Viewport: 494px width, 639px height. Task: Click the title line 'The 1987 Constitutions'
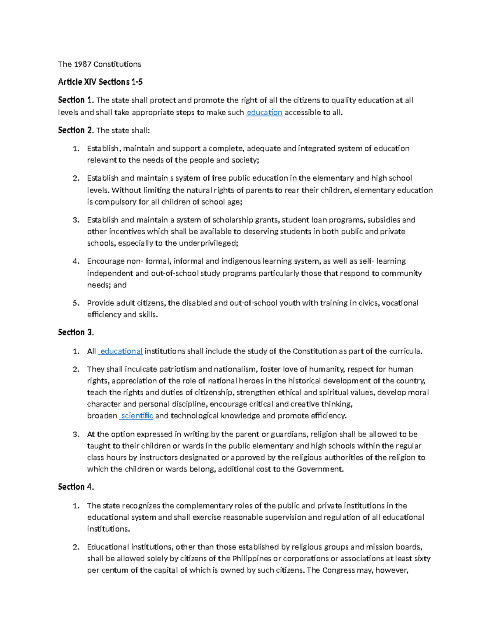click(99, 64)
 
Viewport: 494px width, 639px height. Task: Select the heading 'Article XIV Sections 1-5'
click(100, 82)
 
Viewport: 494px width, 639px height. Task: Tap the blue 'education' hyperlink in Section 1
click(264, 112)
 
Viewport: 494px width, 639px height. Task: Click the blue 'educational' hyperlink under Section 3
click(121, 351)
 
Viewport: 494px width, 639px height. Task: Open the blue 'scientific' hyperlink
click(137, 416)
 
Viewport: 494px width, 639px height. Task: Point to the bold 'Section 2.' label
click(76, 130)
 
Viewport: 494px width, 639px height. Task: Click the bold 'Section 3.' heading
click(76, 332)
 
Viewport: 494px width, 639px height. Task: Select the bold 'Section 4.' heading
click(76, 487)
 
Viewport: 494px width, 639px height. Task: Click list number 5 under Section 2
click(76, 303)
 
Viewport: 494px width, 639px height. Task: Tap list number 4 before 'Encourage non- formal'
click(76, 261)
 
